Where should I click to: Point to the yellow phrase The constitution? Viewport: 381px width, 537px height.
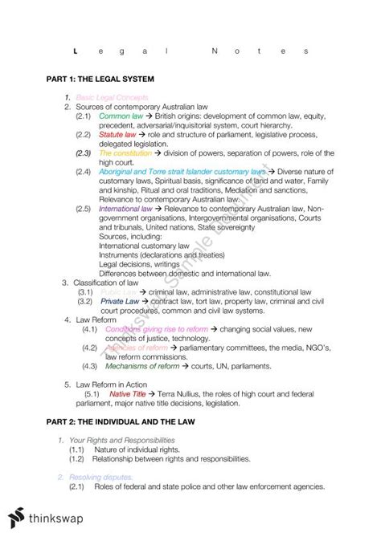coord(125,153)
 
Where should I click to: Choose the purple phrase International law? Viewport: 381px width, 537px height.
coord(125,208)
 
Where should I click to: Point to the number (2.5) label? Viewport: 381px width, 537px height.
coord(83,208)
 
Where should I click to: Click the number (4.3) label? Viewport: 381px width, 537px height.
coord(89,365)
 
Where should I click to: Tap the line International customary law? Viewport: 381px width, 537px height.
coord(144,245)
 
